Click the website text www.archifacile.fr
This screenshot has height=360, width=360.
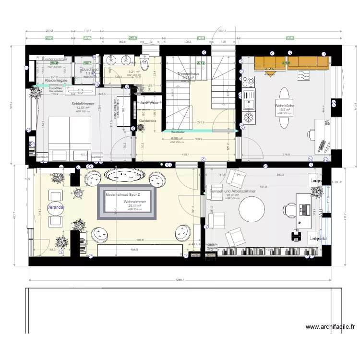[330, 327]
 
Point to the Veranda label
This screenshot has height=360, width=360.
[55, 207]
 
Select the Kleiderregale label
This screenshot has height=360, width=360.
[55, 80]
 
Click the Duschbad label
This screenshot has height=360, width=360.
[90, 70]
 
